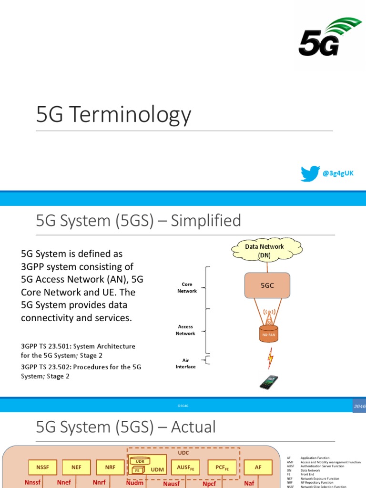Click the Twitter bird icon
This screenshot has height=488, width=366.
pos(310,173)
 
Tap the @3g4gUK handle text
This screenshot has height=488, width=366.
pos(338,173)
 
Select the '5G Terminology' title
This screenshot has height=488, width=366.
pos(114,115)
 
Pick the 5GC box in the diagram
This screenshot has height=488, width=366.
pos(267,286)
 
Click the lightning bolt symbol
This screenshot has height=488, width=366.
pos(270,357)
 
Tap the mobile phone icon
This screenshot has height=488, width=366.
pos(269,382)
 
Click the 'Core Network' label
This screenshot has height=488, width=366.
pos(187,287)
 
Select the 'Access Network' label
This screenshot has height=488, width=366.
pos(185,330)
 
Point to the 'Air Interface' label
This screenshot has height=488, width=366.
pos(185,364)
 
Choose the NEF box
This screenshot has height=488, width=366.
pos(77,468)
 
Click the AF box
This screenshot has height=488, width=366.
pos(258,468)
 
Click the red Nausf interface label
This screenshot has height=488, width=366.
pos(172,483)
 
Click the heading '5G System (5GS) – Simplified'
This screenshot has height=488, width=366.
pos(139,221)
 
